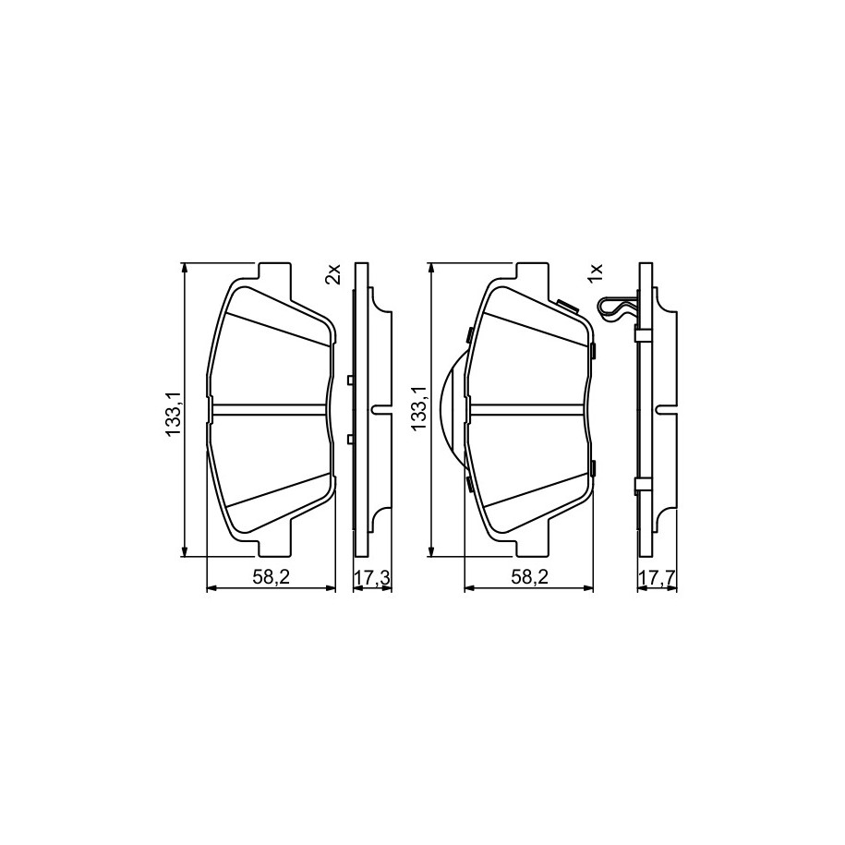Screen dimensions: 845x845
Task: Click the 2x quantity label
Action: [334, 274]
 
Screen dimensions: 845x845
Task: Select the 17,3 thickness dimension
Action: [372, 578]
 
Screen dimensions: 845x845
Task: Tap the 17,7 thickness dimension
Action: [657, 578]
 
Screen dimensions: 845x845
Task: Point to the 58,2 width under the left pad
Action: [272, 577]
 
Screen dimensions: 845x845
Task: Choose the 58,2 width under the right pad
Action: [529, 577]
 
